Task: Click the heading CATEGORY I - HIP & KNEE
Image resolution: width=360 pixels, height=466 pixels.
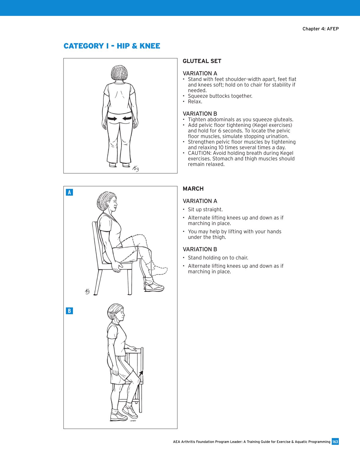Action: pyautogui.click(x=112, y=46)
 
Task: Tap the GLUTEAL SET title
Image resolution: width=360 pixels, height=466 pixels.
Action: pyautogui.click(x=202, y=61)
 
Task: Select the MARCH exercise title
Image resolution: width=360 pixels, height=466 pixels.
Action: pyautogui.click(x=193, y=189)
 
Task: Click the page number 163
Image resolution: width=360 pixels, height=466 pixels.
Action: pyautogui.click(x=335, y=442)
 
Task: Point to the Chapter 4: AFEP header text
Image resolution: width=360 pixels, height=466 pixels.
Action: pyautogui.click(x=320, y=29)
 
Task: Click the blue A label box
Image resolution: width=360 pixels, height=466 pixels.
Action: pyautogui.click(x=69, y=192)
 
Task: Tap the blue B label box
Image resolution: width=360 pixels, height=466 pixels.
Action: pyautogui.click(x=69, y=311)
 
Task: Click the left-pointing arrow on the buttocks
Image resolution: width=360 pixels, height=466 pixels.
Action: pyautogui.click(x=127, y=119)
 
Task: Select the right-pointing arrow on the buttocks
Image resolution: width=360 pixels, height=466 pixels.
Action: pyautogui.click(x=112, y=119)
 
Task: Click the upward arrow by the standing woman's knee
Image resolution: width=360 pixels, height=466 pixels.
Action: pyautogui.click(x=141, y=373)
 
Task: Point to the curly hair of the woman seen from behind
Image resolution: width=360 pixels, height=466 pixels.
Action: pyautogui.click(x=120, y=73)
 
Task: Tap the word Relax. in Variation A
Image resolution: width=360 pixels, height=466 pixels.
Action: pyautogui.click(x=195, y=102)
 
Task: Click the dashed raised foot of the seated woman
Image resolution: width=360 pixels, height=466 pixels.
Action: pyautogui.click(x=160, y=270)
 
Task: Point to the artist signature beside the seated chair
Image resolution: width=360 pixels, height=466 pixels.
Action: pyautogui.click(x=87, y=291)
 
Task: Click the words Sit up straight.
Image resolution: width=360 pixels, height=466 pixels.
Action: pyautogui.click(x=205, y=210)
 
